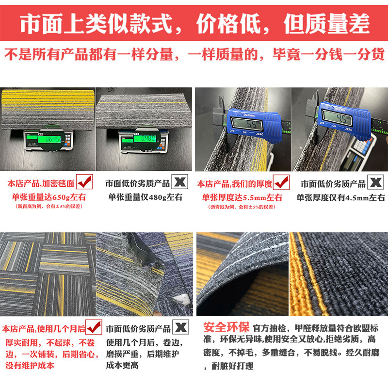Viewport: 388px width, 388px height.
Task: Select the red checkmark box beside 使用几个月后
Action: [x=94, y=326]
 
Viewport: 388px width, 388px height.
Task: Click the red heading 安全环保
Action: [x=226, y=326]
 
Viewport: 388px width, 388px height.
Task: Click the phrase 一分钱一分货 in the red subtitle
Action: [x=340, y=54]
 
